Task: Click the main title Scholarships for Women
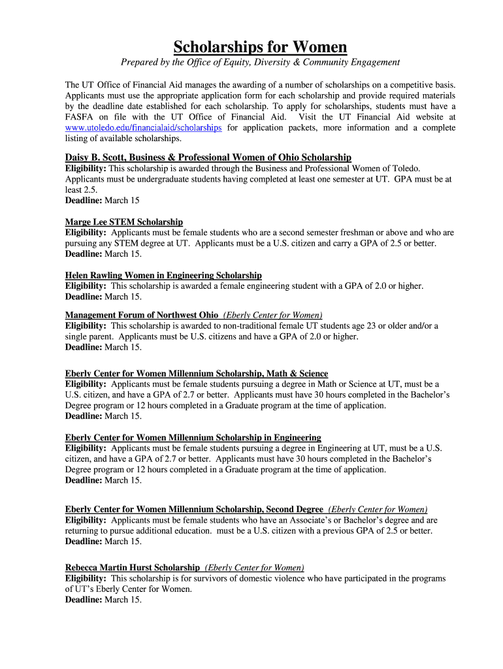pyautogui.click(x=260, y=47)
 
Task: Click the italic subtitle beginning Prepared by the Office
pyautogui.click(x=260, y=62)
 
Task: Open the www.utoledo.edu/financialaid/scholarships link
pyautogui.click(x=143, y=128)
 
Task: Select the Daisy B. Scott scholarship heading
pyautogui.click(x=208, y=157)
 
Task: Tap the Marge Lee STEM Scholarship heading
pyautogui.click(x=124, y=222)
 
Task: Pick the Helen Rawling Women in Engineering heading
pyautogui.click(x=163, y=276)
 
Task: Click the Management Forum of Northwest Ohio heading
pyautogui.click(x=142, y=315)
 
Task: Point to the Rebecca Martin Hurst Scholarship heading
pyautogui.click(x=132, y=568)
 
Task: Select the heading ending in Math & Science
pyautogui.click(x=196, y=374)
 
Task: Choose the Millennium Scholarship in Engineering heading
pyautogui.click(x=193, y=437)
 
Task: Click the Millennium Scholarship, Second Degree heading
pyautogui.click(x=194, y=510)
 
